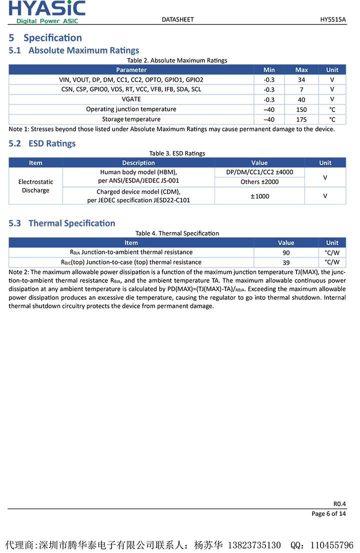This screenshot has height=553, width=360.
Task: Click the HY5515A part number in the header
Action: click(x=333, y=19)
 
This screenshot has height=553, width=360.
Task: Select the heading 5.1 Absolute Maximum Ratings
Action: click(x=74, y=50)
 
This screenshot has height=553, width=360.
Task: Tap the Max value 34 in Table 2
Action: click(x=301, y=79)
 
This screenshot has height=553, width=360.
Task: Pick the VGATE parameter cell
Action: click(x=131, y=99)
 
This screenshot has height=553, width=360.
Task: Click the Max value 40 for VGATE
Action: click(x=301, y=99)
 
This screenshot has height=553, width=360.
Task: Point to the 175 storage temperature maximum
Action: click(x=301, y=119)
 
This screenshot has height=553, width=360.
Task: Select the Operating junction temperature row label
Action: click(x=131, y=109)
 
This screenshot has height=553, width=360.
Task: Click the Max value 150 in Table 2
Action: click(x=301, y=109)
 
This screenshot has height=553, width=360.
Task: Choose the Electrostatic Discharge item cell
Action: click(x=35, y=186)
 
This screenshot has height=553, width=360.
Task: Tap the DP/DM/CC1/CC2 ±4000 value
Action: click(x=259, y=172)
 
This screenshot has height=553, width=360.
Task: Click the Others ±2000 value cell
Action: click(x=259, y=182)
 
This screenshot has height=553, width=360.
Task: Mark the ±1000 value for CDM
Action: click(x=259, y=196)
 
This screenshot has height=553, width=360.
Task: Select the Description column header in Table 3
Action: click(x=138, y=162)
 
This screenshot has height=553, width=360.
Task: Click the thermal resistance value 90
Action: click(x=286, y=252)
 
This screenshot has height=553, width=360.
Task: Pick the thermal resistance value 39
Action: click(x=286, y=262)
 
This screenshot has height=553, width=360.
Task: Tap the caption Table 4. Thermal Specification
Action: click(x=177, y=233)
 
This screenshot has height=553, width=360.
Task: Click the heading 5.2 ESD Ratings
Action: click(x=42, y=143)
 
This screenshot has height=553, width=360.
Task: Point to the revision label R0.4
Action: click(x=339, y=503)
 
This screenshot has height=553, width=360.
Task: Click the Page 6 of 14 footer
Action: click(x=328, y=513)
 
